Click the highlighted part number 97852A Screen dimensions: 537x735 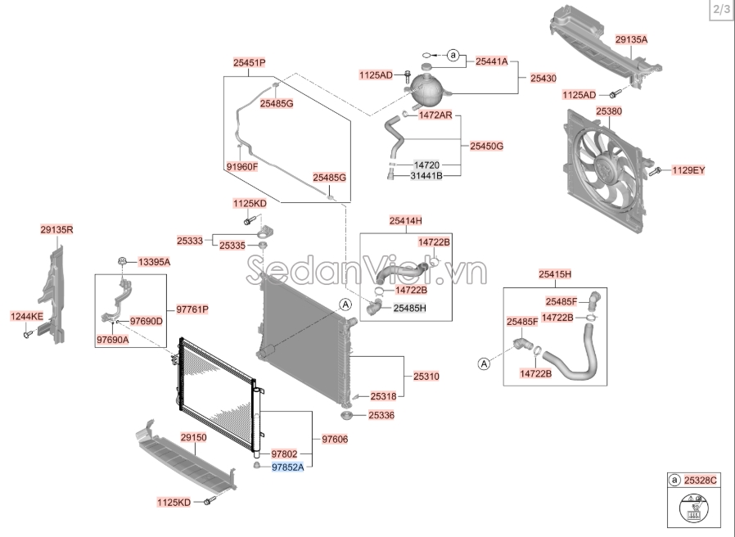click(x=287, y=467)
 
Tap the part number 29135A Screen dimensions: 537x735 click(x=631, y=38)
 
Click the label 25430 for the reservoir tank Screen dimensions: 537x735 click(x=543, y=78)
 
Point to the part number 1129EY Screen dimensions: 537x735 click(x=688, y=170)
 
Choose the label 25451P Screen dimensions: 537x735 click(x=249, y=62)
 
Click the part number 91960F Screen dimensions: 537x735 click(x=241, y=167)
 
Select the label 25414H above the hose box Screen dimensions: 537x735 click(x=405, y=221)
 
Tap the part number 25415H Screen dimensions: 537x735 click(x=554, y=273)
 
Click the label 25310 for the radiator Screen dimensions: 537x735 click(x=426, y=377)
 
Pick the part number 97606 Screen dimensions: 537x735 click(x=335, y=440)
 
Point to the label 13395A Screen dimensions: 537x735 click(x=154, y=262)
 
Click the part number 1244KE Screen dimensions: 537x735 click(x=26, y=316)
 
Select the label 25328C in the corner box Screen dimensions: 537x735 click(x=701, y=480)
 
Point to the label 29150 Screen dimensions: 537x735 click(x=193, y=439)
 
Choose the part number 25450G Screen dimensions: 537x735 click(x=486, y=146)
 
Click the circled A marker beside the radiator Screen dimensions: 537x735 click(x=345, y=305)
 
